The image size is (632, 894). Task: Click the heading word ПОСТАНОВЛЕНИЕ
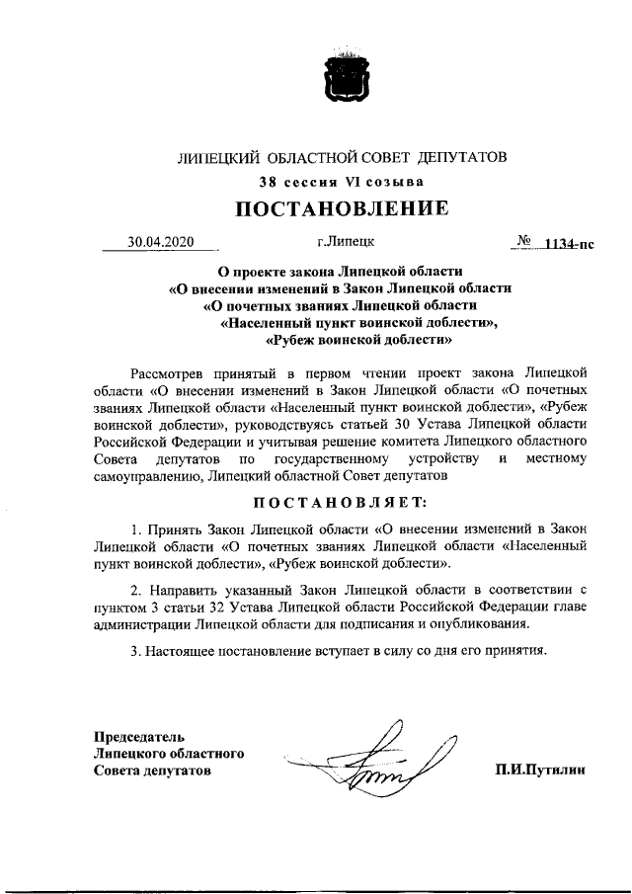point(341,208)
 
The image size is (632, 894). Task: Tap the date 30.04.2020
point(162,240)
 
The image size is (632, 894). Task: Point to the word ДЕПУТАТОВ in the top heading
point(461,157)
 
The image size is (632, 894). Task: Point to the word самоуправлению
point(149,476)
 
